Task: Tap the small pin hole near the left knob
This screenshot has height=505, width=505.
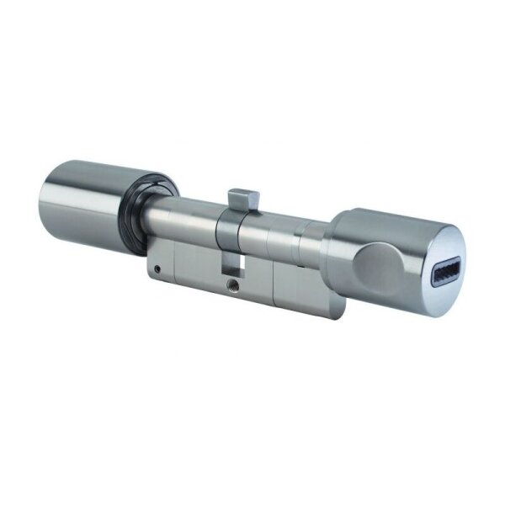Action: click(157, 269)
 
